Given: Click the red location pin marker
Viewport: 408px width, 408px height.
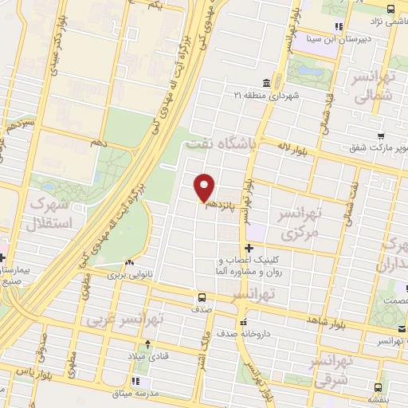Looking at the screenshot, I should point(205,186).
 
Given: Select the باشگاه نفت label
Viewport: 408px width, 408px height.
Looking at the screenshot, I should point(218,145).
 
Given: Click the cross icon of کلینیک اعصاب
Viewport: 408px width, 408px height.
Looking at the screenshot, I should point(249,248).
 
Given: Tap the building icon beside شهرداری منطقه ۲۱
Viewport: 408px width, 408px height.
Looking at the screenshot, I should point(265,83).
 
